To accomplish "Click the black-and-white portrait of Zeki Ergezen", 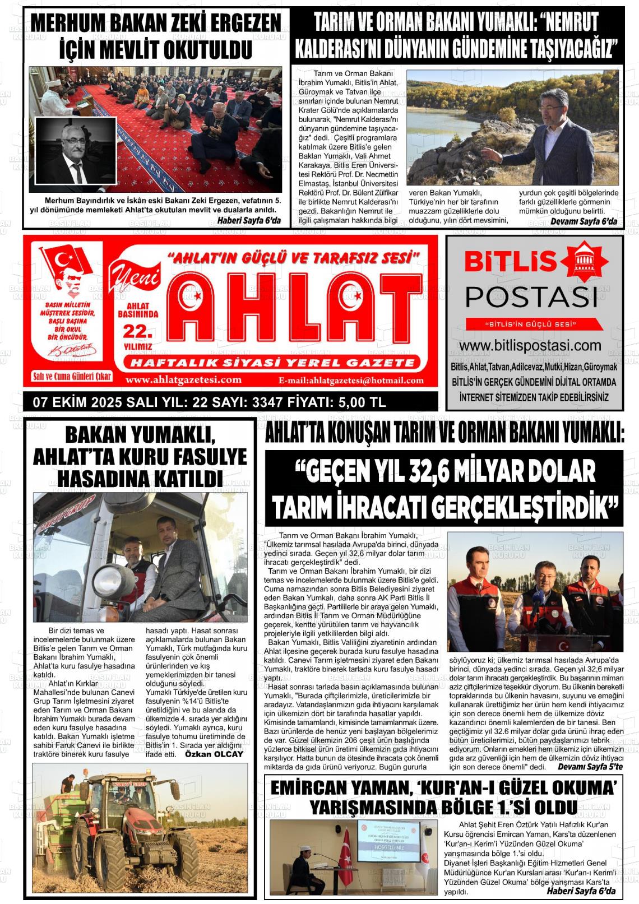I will (76, 150).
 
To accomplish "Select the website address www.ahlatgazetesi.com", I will (184, 380).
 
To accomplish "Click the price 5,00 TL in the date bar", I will (358, 402).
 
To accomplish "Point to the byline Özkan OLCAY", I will (215, 754).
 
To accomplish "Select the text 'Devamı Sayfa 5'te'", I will (586, 766).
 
